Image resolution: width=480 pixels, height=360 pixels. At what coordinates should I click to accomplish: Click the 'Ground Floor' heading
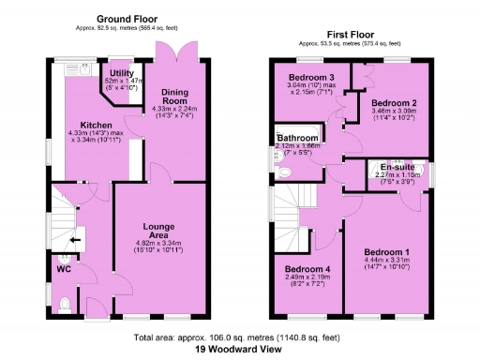[x=127, y=19]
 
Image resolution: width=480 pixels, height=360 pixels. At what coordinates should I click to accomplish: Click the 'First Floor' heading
[x=355, y=33]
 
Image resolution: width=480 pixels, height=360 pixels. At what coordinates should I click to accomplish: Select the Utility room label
[x=121, y=73]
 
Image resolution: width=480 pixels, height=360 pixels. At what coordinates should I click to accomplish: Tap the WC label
[x=64, y=270]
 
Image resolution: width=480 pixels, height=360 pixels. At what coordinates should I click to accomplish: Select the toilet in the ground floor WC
[x=64, y=303]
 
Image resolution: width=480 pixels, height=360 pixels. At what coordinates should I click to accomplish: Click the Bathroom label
[x=297, y=138]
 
